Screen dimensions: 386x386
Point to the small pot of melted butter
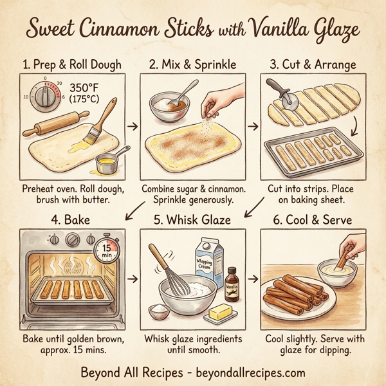[106, 163]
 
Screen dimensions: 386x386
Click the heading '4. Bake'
[69, 220]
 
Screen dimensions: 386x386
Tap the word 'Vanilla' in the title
[279, 29]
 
